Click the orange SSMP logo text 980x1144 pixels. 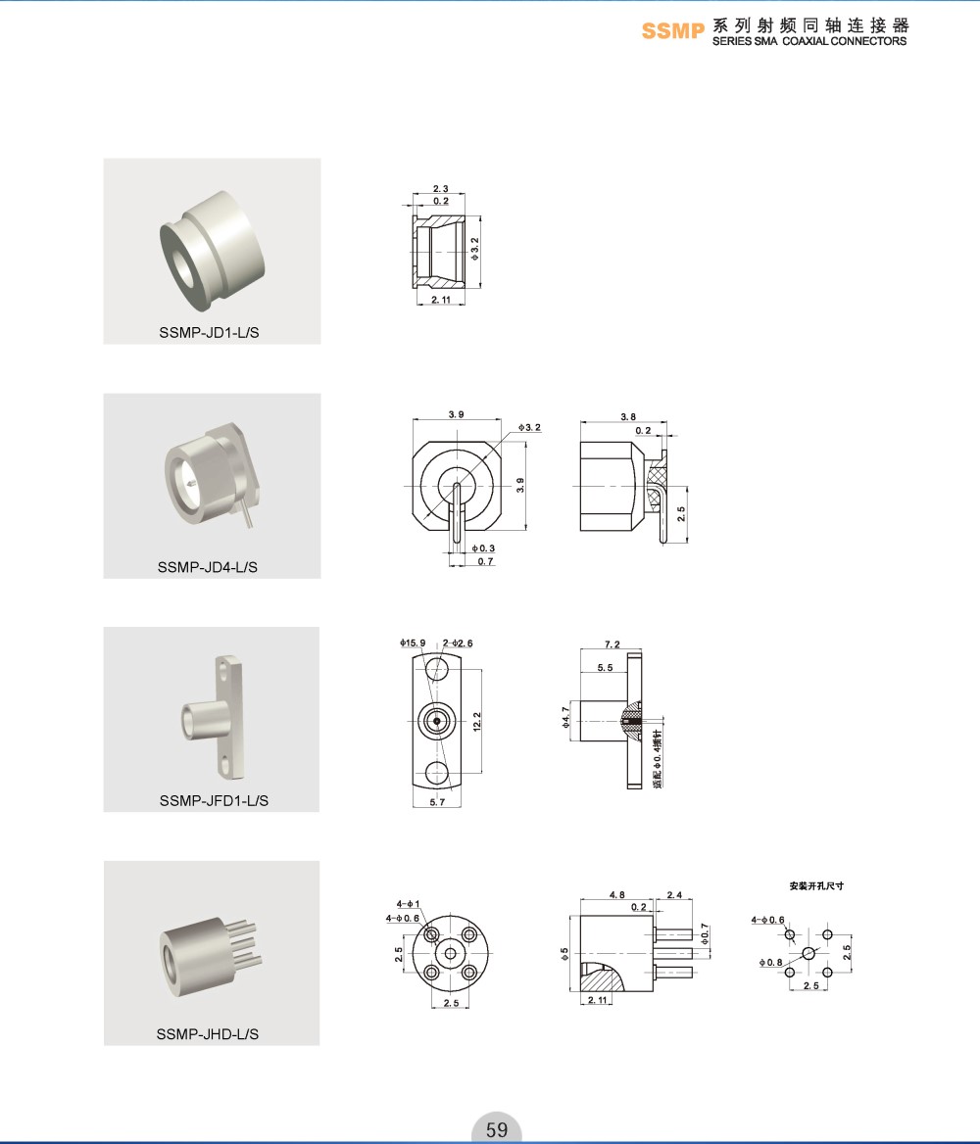(x=672, y=30)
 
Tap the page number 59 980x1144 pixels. (x=497, y=1129)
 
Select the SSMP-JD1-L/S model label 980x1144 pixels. (x=209, y=332)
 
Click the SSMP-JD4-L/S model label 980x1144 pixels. (x=208, y=567)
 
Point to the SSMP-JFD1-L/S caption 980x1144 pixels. (x=214, y=800)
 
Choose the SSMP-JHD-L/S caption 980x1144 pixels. (x=208, y=1034)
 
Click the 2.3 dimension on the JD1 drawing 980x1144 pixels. (x=440, y=189)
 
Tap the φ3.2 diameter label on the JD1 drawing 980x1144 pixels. (x=474, y=249)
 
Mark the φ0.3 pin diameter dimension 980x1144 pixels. (x=483, y=548)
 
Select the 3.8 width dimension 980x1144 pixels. (x=628, y=416)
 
